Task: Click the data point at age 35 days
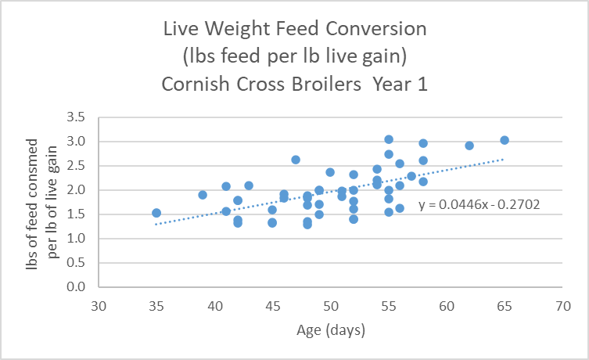[x=156, y=213]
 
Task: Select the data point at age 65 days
[x=505, y=140]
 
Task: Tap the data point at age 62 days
[x=469, y=146]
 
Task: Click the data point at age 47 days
[x=296, y=160]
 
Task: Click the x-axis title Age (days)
[x=330, y=330]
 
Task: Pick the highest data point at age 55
[x=389, y=139]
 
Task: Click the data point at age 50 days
[x=330, y=172]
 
